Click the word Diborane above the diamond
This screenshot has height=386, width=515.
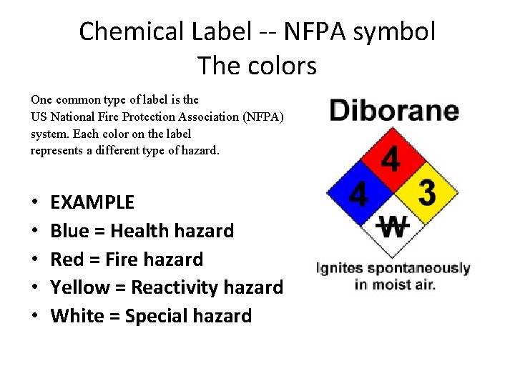click(x=393, y=112)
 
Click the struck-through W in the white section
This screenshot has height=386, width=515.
click(x=392, y=227)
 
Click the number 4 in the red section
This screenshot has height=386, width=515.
click(x=391, y=159)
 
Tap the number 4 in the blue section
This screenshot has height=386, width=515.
click(x=358, y=193)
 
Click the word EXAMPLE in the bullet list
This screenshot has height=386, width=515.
click(x=92, y=202)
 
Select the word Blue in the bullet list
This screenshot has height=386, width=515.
click(x=69, y=231)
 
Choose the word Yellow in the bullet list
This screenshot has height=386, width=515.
click(x=79, y=287)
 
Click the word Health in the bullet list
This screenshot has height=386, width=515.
click(x=140, y=231)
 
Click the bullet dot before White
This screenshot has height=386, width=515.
click(x=35, y=316)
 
